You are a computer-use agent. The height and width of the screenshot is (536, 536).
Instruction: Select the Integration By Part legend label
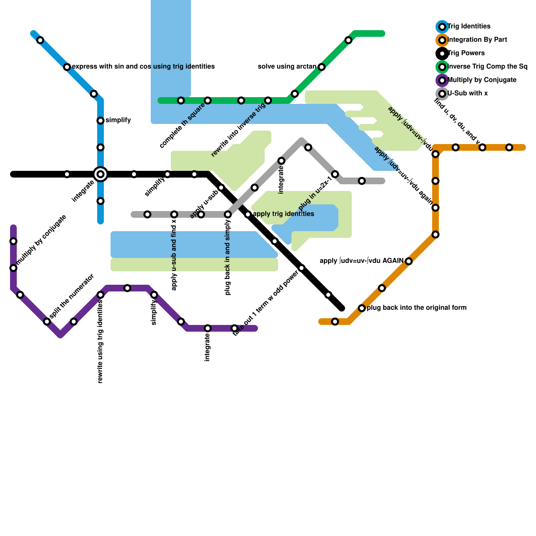[477, 40]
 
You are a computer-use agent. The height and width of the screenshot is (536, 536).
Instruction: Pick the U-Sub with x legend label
[467, 93]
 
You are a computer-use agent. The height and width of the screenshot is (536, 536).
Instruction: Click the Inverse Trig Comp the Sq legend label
[487, 67]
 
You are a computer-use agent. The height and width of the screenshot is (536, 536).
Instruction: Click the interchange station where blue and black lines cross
[100, 174]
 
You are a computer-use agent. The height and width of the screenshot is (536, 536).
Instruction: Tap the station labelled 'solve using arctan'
[322, 67]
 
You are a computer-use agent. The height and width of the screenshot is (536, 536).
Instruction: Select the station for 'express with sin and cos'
[67, 67]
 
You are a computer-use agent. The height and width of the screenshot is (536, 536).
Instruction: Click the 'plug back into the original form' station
[362, 308]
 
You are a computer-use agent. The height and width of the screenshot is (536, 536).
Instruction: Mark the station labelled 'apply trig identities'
[248, 214]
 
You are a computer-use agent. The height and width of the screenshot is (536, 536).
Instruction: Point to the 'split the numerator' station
[47, 322]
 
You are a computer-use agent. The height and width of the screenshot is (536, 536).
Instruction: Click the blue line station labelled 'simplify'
[100, 121]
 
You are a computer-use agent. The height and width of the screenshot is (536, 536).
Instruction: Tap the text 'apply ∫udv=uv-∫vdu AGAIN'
[361, 261]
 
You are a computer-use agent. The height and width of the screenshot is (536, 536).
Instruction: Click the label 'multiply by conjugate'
[41, 240]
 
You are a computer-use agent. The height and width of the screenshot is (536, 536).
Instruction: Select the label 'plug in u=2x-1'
[315, 194]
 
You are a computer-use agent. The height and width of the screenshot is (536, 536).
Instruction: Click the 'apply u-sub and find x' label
[174, 255]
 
